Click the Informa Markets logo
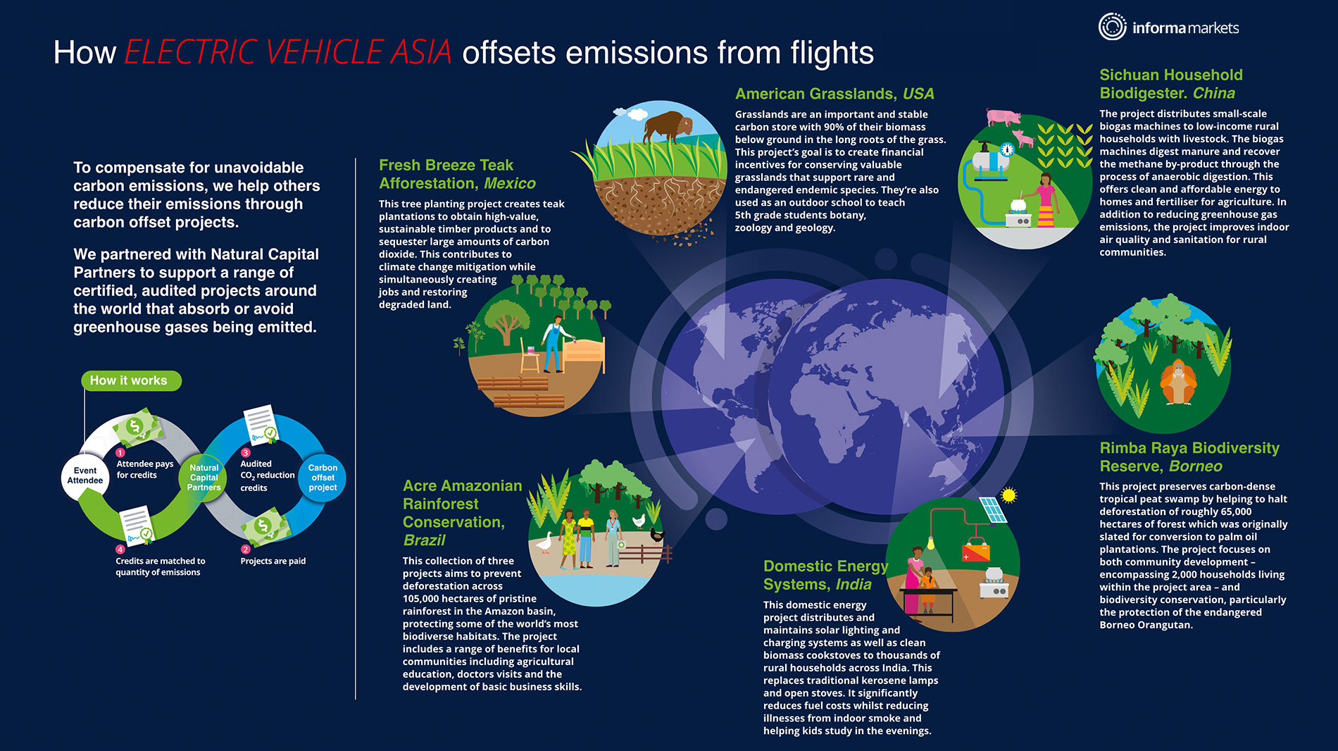[x=1168, y=27]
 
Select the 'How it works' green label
[x=131, y=380]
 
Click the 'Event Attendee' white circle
[x=85, y=476]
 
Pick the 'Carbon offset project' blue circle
[x=323, y=478]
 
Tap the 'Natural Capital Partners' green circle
[x=204, y=478]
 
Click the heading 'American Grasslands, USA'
[x=834, y=94]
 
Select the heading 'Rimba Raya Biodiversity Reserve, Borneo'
[x=1189, y=457]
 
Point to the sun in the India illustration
[x=1008, y=495]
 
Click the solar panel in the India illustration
[x=992, y=510]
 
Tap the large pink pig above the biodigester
[x=1003, y=117]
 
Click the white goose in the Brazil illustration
[x=544, y=542]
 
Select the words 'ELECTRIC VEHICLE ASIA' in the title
[x=288, y=52]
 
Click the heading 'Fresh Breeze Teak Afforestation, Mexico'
[x=457, y=174]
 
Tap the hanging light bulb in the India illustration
[x=930, y=543]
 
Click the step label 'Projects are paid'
[x=273, y=561]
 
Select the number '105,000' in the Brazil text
[x=421, y=599]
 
